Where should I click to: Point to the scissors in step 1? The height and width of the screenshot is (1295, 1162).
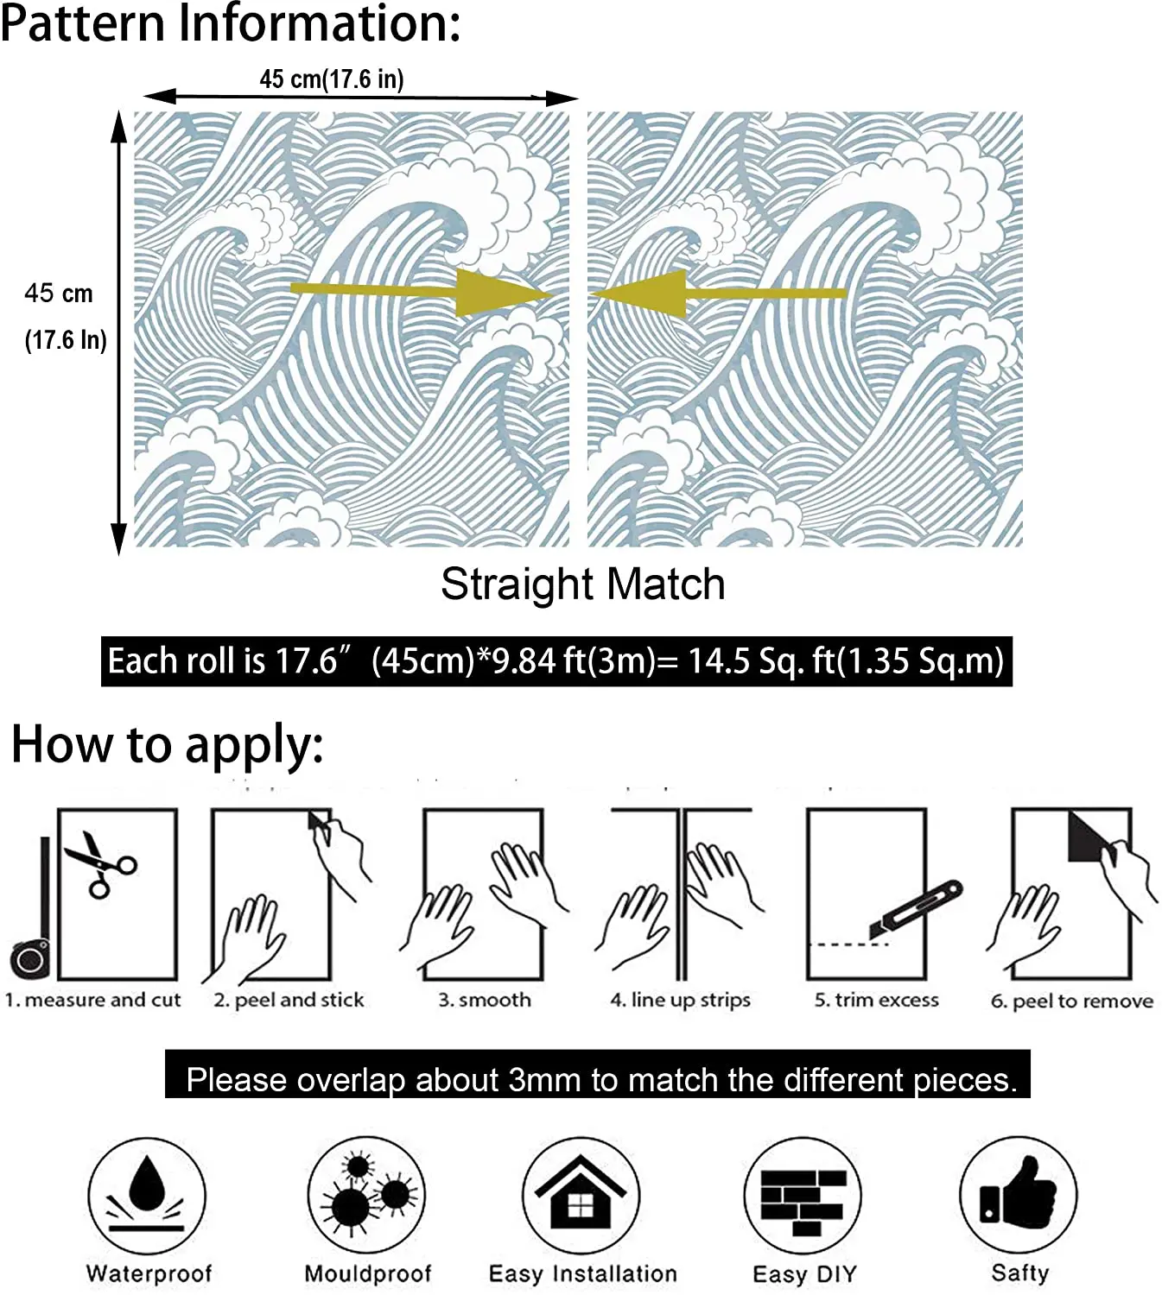99,863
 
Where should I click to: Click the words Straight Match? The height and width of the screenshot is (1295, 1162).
582,584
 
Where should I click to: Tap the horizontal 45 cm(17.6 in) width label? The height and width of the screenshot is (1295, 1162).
332,79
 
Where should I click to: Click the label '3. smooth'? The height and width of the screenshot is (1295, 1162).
485,1000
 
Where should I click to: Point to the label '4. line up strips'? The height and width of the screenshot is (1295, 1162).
680,1000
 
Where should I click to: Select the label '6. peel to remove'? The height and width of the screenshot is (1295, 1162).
1071,1001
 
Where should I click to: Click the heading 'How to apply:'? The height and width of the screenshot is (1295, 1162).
168,744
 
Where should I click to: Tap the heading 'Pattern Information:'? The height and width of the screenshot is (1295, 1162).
230,23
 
